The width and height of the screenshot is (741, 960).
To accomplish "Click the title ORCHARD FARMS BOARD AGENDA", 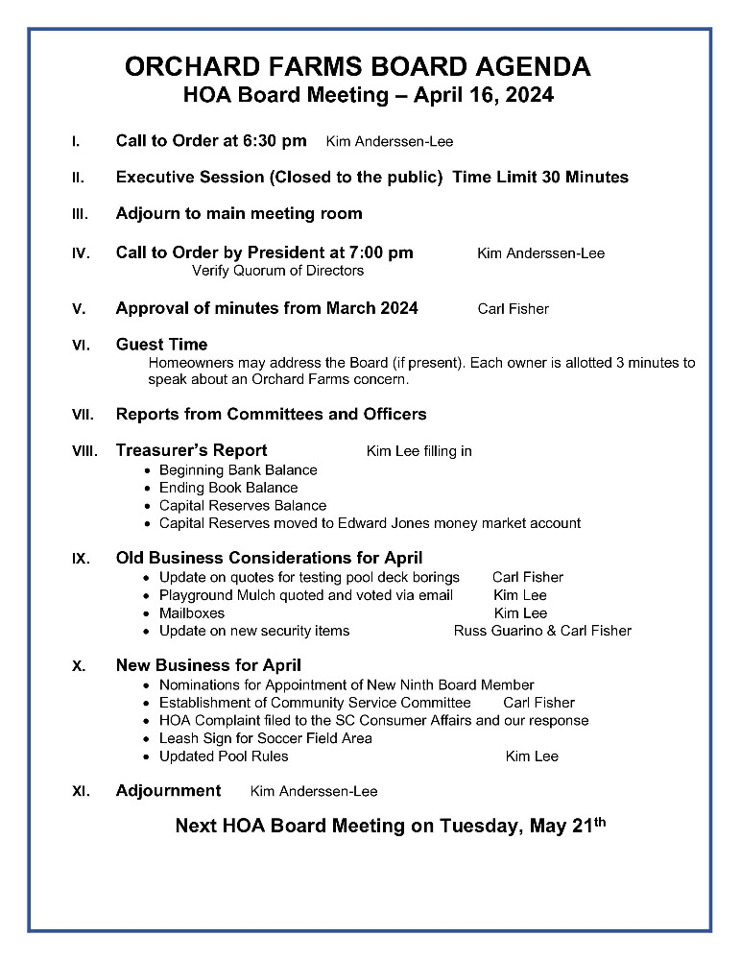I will click(357, 67).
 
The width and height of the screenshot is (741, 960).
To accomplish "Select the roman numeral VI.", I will click(81, 345).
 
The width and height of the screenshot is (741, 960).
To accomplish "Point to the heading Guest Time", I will click(161, 345).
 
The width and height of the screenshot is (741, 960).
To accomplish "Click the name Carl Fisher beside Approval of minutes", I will click(513, 309).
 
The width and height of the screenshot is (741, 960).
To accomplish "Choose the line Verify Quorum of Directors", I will click(277, 271).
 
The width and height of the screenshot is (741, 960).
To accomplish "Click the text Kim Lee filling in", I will click(418, 451).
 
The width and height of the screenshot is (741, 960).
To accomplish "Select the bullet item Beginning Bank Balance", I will click(238, 470).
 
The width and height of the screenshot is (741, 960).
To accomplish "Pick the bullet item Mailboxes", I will click(192, 612).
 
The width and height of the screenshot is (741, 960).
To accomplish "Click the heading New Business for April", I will click(208, 665).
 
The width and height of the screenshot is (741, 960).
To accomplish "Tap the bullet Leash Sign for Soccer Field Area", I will click(266, 738).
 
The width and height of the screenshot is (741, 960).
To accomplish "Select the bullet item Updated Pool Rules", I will click(224, 756).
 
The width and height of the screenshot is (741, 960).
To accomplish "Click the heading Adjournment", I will click(168, 791).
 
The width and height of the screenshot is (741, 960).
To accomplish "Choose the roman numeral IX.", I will click(81, 559).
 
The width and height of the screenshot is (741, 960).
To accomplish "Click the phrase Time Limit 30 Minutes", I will click(540, 178).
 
